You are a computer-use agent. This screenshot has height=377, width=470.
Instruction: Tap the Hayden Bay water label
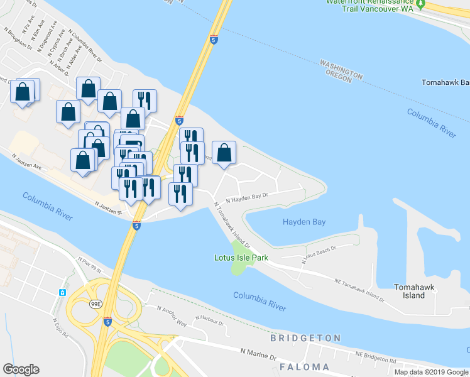(303, 222)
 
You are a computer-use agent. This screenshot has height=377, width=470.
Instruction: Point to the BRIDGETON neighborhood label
(305, 338)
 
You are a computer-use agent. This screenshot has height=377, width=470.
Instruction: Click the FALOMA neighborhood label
(305, 366)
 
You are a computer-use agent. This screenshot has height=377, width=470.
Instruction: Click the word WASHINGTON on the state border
(341, 69)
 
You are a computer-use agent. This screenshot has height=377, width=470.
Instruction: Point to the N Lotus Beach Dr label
(319, 252)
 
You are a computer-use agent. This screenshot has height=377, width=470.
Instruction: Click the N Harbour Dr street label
(209, 320)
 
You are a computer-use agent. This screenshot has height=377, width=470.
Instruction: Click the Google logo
(21, 369)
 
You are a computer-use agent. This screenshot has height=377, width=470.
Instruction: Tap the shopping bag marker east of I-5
(224, 153)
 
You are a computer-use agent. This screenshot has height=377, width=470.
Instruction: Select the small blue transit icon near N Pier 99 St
(63, 293)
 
